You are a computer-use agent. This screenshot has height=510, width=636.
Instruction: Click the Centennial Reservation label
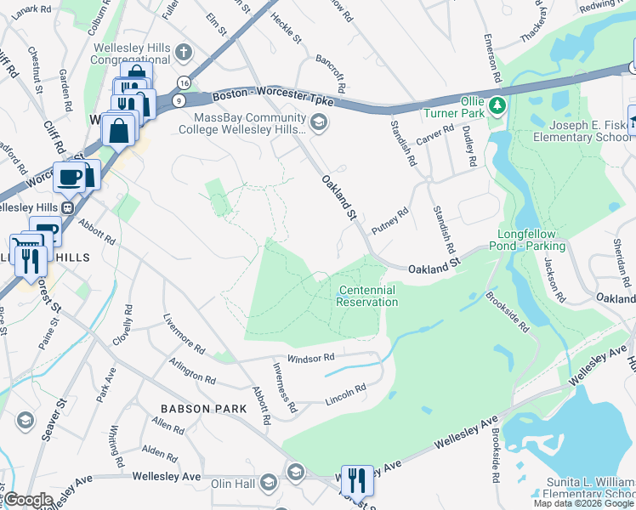click(x=366, y=296)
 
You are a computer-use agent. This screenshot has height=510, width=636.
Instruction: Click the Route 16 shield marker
click(x=184, y=82)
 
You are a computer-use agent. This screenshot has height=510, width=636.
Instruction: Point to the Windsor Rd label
click(x=310, y=359)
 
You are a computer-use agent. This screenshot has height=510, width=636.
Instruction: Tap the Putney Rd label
click(x=390, y=219)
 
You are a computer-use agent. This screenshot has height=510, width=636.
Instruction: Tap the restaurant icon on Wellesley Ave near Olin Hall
click(x=357, y=480)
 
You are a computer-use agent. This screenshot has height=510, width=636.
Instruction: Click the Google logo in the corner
click(x=27, y=500)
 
